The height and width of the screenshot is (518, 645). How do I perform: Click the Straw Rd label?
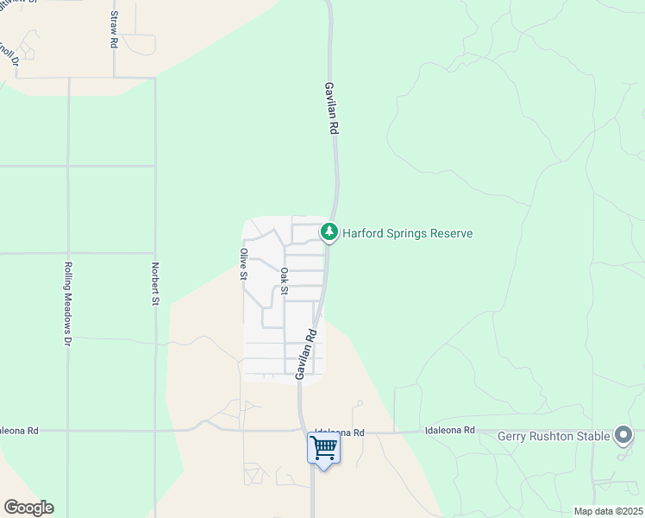click(x=113, y=30)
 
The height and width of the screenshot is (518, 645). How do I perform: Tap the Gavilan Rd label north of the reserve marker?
click(x=330, y=107)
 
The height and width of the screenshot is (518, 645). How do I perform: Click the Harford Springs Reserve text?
click(x=407, y=234)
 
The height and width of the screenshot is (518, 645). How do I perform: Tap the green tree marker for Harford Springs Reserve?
click(x=329, y=231)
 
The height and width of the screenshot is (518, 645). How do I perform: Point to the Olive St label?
click(x=244, y=265)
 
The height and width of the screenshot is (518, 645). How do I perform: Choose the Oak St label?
click(x=284, y=282)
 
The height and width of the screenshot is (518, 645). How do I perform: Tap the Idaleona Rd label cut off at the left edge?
click(x=19, y=430)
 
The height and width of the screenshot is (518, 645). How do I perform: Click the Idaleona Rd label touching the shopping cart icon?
click(x=340, y=432)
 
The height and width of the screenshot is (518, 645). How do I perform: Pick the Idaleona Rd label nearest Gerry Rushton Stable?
click(x=449, y=430)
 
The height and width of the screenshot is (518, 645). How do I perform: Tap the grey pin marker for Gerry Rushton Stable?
click(x=623, y=435)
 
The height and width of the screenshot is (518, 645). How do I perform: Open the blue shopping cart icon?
click(x=323, y=448)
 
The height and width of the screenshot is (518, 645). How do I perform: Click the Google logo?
click(x=28, y=508)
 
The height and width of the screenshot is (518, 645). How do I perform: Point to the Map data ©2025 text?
click(x=608, y=511)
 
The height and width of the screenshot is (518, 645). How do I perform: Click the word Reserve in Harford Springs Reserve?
click(x=449, y=234)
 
